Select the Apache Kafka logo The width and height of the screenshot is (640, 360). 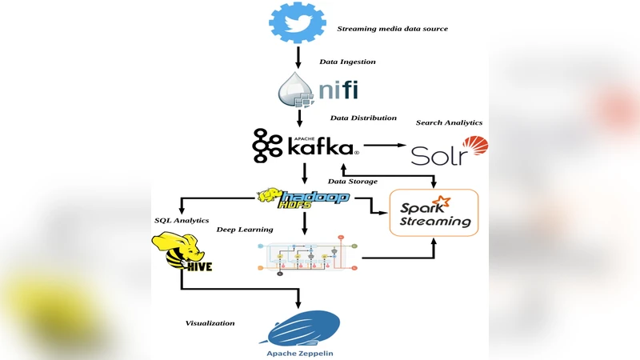coord(305,145)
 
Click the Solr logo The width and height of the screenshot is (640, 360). coord(448,151)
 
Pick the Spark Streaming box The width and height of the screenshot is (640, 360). coord(434,213)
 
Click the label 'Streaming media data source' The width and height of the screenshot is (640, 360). coord(392,29)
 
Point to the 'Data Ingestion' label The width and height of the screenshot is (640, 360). coord(347,62)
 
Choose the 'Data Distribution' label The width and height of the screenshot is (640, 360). coord(363,118)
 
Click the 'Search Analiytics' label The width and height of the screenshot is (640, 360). coord(449,122)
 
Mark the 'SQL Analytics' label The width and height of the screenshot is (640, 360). coord(182,220)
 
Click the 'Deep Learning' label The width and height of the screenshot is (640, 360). coord(245,230)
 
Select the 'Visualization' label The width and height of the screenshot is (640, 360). coord(210,323)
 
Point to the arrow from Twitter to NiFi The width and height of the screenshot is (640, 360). coord(298,56)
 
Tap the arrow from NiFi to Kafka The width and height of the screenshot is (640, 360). coord(298,117)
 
